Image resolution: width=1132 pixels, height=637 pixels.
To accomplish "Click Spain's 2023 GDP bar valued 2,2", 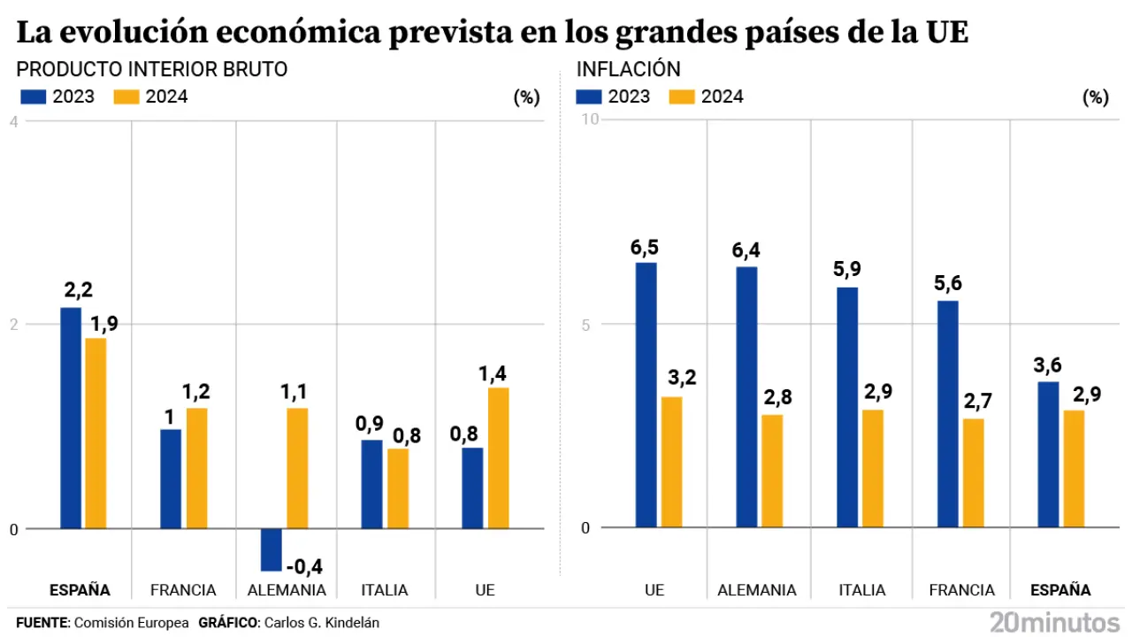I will pyautogui.click(x=71, y=418).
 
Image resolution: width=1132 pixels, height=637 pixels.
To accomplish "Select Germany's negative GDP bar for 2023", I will pyautogui.click(x=271, y=549).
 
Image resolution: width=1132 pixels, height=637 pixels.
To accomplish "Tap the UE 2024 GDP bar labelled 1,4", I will pyautogui.click(x=497, y=457).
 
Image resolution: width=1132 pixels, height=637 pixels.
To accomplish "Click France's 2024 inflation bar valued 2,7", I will pyautogui.click(x=973, y=472).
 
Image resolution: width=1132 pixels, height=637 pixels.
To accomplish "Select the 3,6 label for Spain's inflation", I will pyautogui.click(x=1048, y=363).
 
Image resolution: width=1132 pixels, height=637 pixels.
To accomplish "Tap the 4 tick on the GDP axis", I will pyautogui.click(x=13, y=120).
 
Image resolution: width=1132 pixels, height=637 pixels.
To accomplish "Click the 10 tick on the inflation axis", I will pyautogui.click(x=589, y=120).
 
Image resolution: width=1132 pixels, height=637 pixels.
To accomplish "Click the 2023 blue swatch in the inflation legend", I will pyautogui.click(x=589, y=96).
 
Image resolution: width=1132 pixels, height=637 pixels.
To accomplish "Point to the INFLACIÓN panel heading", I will pyautogui.click(x=628, y=69).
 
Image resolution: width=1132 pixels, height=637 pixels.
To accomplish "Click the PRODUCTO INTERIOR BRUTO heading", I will pyautogui.click(x=152, y=69).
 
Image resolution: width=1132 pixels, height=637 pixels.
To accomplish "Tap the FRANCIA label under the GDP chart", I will pyautogui.click(x=183, y=590).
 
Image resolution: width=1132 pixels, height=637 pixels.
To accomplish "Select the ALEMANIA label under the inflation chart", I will pyautogui.click(x=757, y=590).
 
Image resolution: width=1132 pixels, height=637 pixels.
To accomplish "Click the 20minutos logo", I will pyautogui.click(x=1054, y=621).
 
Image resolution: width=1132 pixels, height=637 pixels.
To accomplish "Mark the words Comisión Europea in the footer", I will pyautogui.click(x=132, y=623).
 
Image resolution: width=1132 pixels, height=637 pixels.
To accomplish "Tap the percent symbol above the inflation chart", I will pyautogui.click(x=1095, y=98).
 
